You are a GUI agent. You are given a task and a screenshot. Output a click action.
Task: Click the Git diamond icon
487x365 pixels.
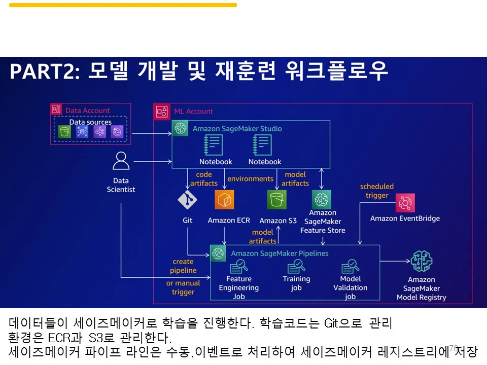(x=187, y=200)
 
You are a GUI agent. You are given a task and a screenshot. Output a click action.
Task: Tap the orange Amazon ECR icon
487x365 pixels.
(x=224, y=200)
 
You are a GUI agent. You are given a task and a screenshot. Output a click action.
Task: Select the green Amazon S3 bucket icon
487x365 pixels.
(x=277, y=200)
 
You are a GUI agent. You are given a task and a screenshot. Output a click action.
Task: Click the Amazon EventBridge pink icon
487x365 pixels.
(x=405, y=203)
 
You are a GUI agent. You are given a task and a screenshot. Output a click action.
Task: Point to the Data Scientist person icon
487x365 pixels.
(x=121, y=161)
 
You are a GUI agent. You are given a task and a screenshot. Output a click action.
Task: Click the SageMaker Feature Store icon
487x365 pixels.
(x=322, y=199)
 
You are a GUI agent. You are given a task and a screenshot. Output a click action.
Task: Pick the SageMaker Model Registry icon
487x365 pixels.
(x=422, y=262)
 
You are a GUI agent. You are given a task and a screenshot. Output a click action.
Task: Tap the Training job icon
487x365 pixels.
(x=296, y=266)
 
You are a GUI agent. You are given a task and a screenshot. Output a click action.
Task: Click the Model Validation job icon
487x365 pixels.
(x=350, y=266)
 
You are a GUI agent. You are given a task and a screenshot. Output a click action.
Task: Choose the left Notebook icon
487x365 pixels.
(x=215, y=145)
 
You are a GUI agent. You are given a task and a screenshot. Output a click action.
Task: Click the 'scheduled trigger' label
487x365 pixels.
(x=376, y=191)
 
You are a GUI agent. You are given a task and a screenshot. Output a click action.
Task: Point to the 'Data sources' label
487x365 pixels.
(x=90, y=122)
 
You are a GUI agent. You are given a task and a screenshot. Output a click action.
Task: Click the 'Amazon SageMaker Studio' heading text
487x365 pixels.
(x=237, y=129)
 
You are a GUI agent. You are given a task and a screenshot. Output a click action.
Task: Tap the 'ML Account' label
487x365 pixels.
(x=193, y=111)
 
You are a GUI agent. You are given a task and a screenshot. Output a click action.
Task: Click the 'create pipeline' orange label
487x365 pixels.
(x=183, y=266)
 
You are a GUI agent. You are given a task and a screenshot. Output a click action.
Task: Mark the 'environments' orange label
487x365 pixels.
(x=250, y=179)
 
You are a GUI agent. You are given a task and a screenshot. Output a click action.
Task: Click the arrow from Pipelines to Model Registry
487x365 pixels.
(x=395, y=262)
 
